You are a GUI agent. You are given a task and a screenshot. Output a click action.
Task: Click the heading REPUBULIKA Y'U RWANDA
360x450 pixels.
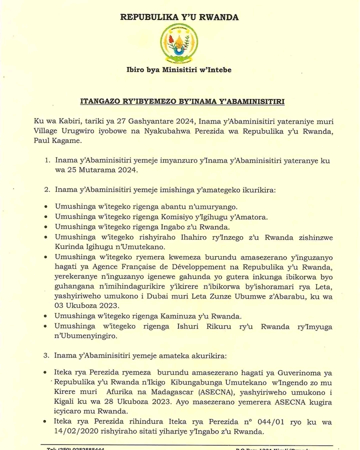(179, 17)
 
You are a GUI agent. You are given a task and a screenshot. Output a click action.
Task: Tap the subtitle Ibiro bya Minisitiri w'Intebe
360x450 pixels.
(179, 70)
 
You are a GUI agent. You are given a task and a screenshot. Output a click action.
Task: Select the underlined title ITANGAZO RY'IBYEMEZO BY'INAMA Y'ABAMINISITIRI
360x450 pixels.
(182, 101)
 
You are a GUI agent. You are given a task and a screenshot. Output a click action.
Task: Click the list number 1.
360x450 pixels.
(47, 160)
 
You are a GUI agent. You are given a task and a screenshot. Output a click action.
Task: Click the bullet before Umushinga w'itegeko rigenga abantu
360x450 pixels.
(46, 207)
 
